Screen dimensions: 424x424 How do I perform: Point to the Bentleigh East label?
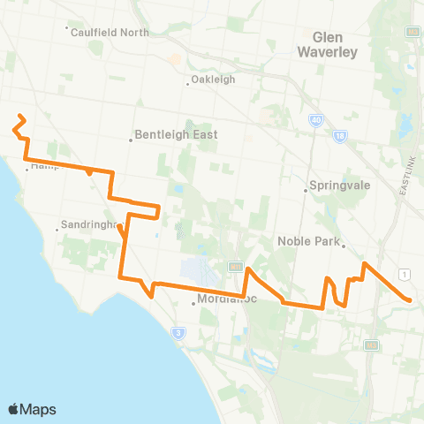[x=177, y=136]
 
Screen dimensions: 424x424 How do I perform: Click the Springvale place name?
[x=331, y=186]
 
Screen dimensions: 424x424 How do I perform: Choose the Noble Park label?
[x=308, y=238]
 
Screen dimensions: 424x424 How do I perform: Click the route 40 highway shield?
[x=316, y=119]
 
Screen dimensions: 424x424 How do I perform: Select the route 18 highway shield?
[x=341, y=134]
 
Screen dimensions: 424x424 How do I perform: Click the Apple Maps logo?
[x=32, y=409]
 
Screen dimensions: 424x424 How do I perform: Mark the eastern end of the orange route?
[x=411, y=300]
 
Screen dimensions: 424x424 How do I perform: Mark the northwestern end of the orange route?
[x=19, y=116]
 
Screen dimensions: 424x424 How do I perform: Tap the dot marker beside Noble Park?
[x=344, y=247]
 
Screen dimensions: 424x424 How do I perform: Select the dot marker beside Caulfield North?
[x=68, y=27]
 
